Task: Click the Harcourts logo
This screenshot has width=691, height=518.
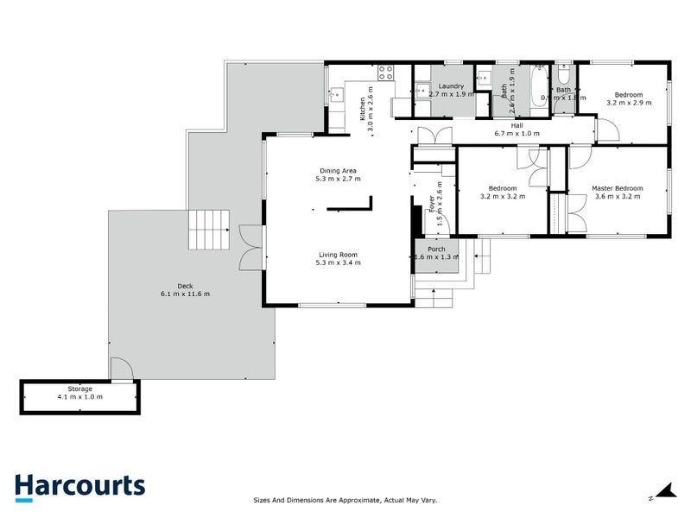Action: click(x=79, y=487)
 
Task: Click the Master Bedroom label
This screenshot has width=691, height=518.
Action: click(x=617, y=188)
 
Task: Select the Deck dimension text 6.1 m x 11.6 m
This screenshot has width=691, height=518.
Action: click(x=185, y=294)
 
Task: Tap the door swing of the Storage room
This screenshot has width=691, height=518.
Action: click(x=121, y=370)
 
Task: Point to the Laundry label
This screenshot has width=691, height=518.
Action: click(x=451, y=86)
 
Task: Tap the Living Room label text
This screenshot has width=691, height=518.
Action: click(x=338, y=255)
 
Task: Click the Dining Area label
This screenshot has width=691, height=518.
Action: click(x=338, y=170)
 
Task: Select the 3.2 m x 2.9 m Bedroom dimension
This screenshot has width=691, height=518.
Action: click(x=628, y=103)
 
